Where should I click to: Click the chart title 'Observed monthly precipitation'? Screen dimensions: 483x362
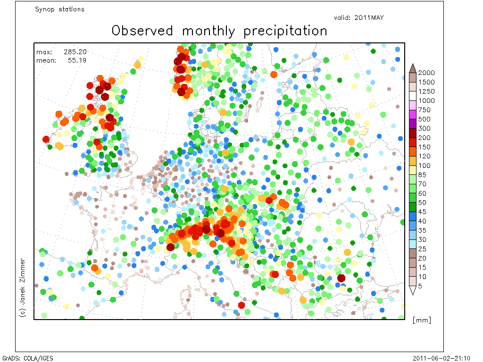(x=219, y=31)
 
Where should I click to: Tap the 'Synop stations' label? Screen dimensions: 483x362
(x=59, y=9)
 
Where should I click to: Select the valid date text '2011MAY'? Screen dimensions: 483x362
(x=369, y=17)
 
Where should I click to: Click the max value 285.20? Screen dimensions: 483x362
(x=75, y=52)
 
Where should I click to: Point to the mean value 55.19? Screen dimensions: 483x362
(x=77, y=60)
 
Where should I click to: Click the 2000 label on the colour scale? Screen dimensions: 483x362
(x=426, y=73)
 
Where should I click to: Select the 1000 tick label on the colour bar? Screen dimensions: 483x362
(x=426, y=100)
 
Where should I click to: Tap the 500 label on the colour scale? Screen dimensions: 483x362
(x=424, y=119)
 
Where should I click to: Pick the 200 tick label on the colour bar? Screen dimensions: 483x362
(x=424, y=138)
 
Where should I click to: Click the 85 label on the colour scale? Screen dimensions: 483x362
(x=422, y=174)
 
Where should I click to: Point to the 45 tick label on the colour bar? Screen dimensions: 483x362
(x=422, y=212)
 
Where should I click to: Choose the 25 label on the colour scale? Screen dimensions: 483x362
(x=422, y=249)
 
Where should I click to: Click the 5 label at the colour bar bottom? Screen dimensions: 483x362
(x=420, y=286)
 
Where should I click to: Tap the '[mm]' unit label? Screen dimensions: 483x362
(x=422, y=320)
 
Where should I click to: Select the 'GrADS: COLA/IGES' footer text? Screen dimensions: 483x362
(x=28, y=358)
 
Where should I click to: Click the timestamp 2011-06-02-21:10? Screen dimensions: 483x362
(x=441, y=358)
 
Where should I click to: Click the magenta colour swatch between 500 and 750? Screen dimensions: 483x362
(x=413, y=115)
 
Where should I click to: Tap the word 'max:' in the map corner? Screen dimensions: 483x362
(x=44, y=52)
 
